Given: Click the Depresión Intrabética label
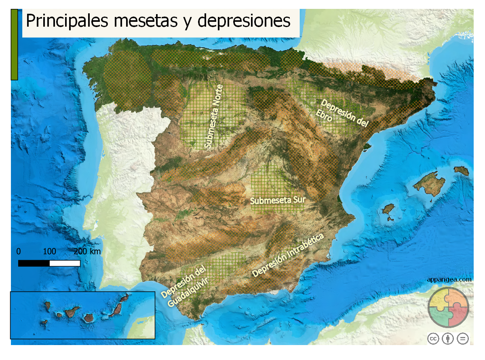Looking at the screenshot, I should click(289, 256).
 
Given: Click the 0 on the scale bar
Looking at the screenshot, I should click(19, 251).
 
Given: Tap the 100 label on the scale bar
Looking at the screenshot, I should click(49, 251).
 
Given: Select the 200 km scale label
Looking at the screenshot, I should click(87, 251).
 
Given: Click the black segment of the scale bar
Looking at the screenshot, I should click(34, 263).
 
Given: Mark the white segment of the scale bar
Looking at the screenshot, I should click(65, 263).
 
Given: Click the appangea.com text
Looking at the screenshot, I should click(449, 279).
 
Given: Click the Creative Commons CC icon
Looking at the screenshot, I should click(433, 339).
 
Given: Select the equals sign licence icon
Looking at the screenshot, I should click(463, 339).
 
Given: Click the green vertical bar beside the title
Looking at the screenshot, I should click(14, 45).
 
